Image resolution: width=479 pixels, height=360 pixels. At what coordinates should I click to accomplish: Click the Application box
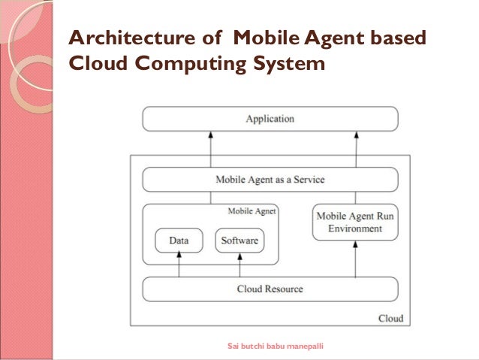270,119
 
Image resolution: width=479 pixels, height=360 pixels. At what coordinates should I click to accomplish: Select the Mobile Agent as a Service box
270,180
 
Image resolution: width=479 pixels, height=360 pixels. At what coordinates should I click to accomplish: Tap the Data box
179,241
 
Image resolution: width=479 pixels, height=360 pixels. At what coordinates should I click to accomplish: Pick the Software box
239,241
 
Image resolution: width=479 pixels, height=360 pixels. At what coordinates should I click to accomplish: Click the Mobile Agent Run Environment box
354,222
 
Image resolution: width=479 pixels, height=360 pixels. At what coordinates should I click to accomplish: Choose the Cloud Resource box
270,289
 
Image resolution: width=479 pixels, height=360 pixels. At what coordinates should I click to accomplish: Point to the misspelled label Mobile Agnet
252,212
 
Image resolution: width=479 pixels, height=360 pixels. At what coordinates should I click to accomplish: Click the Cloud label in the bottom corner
390,319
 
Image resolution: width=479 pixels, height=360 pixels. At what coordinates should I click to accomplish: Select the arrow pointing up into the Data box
179,265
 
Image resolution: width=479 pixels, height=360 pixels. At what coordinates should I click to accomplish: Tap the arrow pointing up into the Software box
239,265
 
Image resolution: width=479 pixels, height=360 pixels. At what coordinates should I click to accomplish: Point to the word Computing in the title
188,65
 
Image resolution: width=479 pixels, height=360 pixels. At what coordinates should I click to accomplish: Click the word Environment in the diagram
354,228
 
